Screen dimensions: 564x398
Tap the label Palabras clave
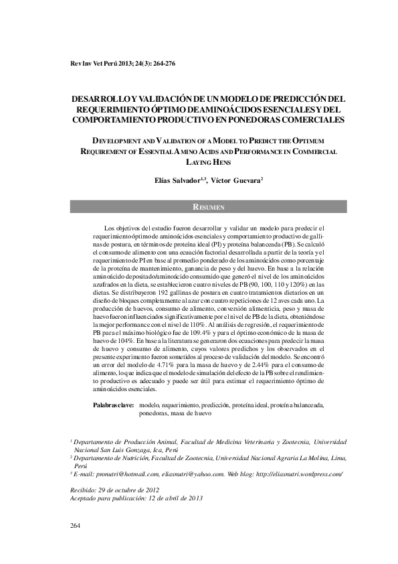click(113, 405)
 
